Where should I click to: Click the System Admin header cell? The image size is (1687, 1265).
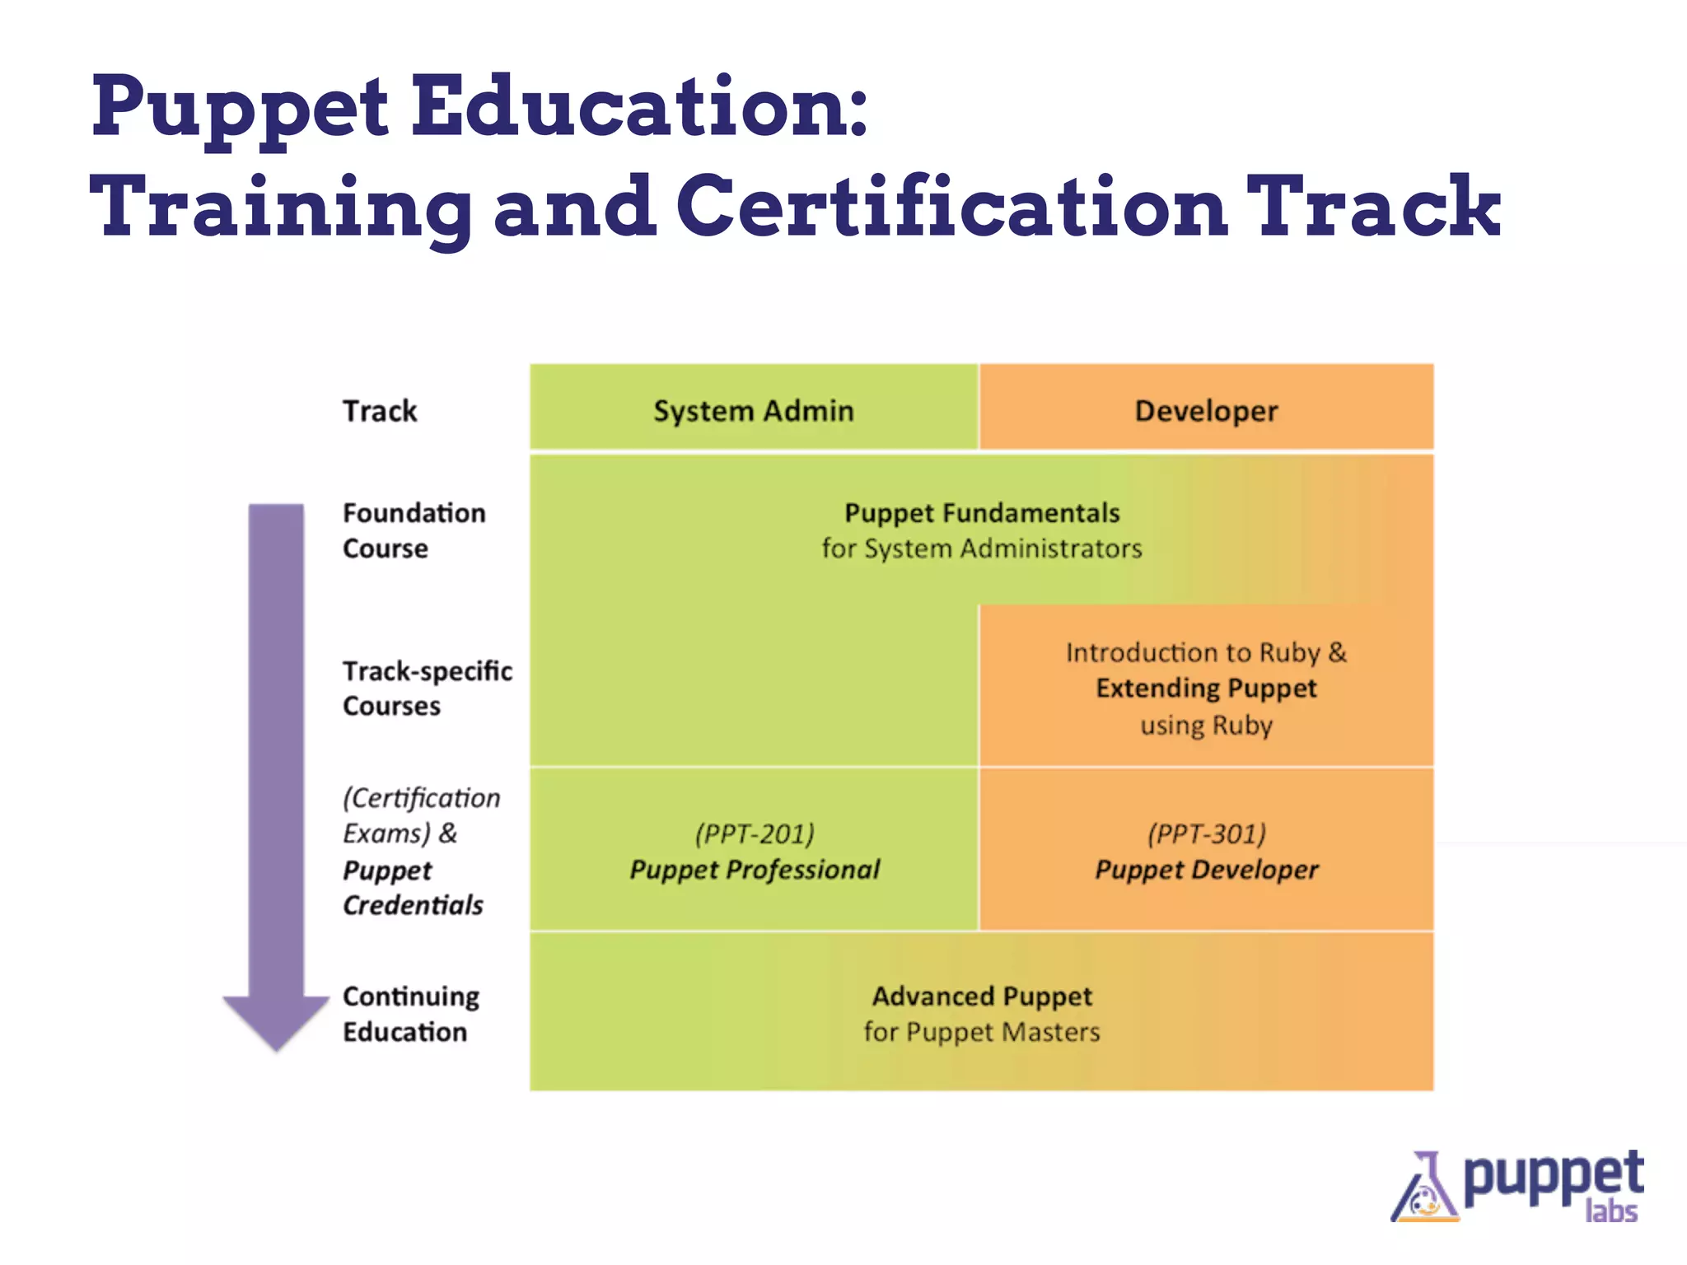click(x=753, y=410)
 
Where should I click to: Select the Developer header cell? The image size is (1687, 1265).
click(x=1206, y=410)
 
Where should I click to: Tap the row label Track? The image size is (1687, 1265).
click(x=380, y=410)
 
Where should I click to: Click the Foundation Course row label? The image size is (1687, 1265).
click(x=414, y=530)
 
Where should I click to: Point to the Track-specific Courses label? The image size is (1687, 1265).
click(x=427, y=689)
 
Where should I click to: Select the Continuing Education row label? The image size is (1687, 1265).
click(x=410, y=1014)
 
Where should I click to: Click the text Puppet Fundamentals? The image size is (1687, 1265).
click(x=982, y=513)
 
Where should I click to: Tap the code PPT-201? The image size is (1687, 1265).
click(x=755, y=833)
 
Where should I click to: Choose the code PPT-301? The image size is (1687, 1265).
click(x=1207, y=833)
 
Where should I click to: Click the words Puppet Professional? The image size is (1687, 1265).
click(x=755, y=870)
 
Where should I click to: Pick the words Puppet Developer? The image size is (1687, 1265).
click(x=1206, y=870)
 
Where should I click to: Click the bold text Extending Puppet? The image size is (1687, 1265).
click(x=1206, y=688)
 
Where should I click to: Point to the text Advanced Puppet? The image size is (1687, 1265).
click(x=982, y=997)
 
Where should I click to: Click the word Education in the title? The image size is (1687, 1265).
click(x=639, y=107)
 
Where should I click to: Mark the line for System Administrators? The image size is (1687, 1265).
click(x=982, y=548)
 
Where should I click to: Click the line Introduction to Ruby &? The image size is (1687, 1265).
click(x=1206, y=652)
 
